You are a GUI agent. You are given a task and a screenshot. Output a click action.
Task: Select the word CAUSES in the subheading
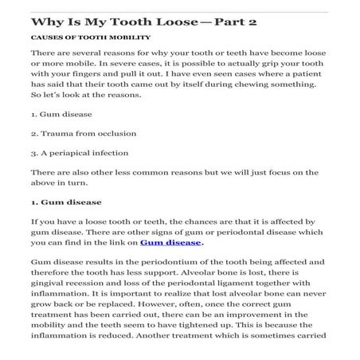tap(47, 37)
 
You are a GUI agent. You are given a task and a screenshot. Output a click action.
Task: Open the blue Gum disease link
tap(170, 266)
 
